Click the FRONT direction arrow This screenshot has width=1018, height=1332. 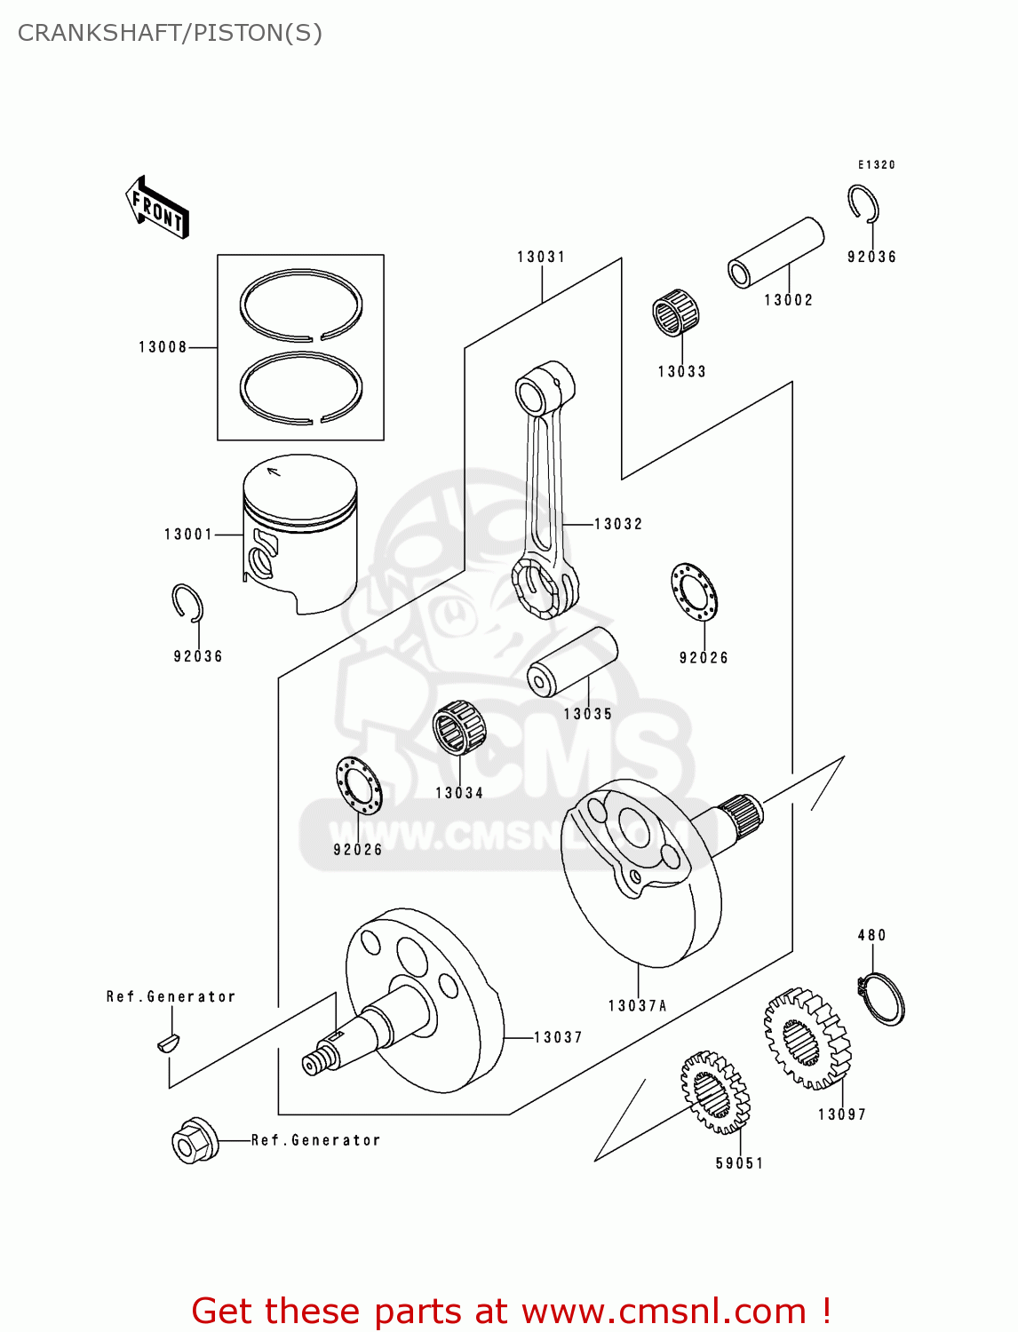[157, 207]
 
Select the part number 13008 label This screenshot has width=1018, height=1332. [163, 347]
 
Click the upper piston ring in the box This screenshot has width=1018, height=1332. [301, 305]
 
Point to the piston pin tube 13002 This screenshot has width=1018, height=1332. [775, 253]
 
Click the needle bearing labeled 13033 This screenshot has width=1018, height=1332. [676, 313]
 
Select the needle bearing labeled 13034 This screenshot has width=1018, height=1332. [459, 727]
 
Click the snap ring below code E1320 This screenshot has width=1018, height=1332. [863, 204]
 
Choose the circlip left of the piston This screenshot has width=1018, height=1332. [187, 603]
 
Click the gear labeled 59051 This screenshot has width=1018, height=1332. [715, 1092]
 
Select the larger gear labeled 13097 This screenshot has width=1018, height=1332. [807, 1038]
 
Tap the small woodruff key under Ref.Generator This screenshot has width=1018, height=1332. [168, 1042]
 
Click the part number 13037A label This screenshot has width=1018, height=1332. [637, 1006]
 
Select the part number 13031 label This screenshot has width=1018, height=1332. [541, 258]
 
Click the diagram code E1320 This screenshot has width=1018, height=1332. [876, 165]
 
